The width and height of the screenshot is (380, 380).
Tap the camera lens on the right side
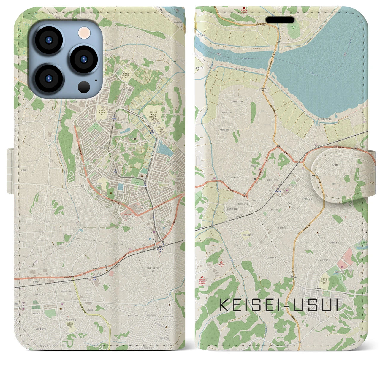click(84, 59)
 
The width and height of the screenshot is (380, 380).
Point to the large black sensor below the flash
click(84, 87)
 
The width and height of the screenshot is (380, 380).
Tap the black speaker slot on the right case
click(280, 20)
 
